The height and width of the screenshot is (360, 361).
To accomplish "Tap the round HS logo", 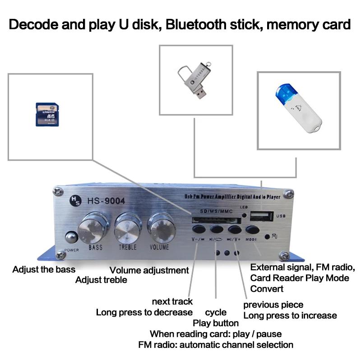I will pos(74,201).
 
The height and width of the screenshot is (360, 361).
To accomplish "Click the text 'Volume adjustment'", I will pos(149,271).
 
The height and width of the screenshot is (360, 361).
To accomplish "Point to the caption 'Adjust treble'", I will pos(101,280).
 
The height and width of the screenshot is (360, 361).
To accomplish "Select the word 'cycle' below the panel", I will pos(216,312).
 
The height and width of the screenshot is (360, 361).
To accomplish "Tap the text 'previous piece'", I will pos(273,305).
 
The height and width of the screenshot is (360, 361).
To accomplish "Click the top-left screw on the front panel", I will pos(58,192).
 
